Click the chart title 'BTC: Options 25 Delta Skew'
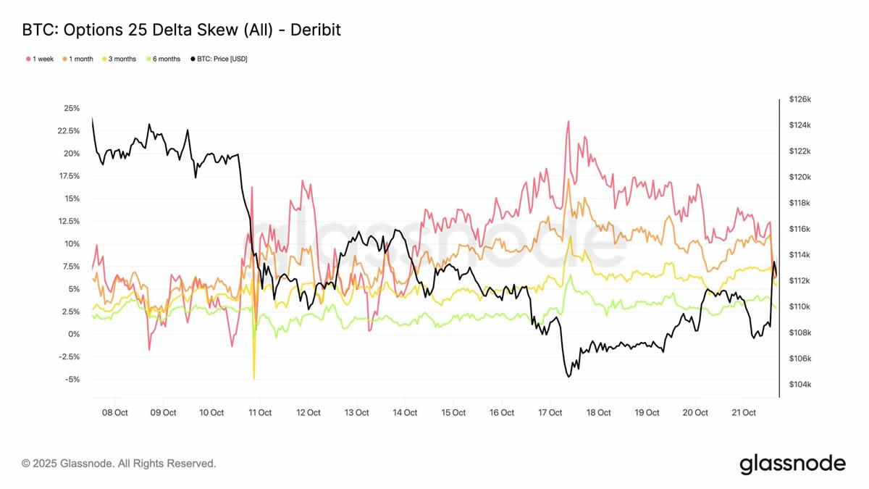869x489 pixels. (181, 30)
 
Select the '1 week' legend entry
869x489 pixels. (41, 59)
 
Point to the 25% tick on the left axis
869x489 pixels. (72, 108)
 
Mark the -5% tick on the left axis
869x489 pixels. (72, 380)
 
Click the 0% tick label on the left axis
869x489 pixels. (74, 334)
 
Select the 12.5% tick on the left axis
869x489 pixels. (70, 221)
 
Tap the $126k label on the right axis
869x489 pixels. (799, 99)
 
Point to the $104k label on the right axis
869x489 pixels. (799, 385)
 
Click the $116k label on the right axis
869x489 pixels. (799, 229)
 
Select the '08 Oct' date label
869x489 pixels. (115, 413)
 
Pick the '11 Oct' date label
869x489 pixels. (260, 413)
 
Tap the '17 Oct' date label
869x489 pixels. (550, 413)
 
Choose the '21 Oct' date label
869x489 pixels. (744, 413)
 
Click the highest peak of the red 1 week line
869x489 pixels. (568, 121)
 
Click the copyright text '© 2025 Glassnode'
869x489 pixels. (119, 463)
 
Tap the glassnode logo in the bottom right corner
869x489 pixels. (792, 464)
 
